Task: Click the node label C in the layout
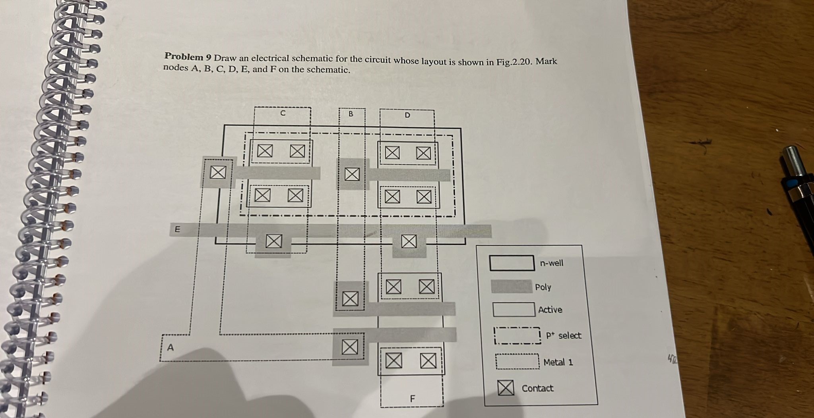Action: tap(283, 113)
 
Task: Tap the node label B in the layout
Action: tap(351, 114)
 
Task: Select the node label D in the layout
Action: tap(407, 116)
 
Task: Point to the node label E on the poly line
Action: tap(177, 229)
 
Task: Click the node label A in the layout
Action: tap(171, 348)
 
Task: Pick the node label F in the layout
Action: tap(412, 398)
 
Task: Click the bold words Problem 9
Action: tap(188, 57)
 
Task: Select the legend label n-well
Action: tap(551, 263)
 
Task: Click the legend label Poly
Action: tap(543, 287)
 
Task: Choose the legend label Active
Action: tap(550, 310)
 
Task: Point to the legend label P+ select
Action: tap(563, 336)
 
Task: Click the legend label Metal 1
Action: tap(558, 362)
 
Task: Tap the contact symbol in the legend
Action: tap(506, 387)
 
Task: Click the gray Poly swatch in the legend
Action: tap(511, 286)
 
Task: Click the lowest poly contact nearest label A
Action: tap(349, 347)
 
